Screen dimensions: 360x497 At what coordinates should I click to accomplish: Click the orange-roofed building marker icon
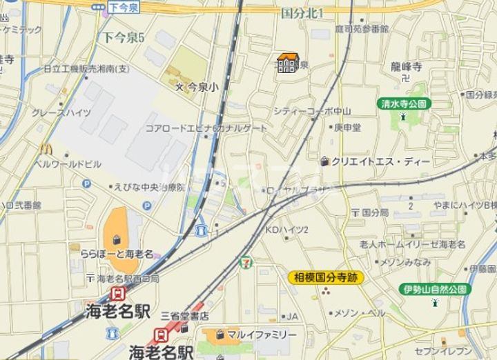pos(288,63)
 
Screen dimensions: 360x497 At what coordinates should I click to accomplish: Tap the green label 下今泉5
pos(124,37)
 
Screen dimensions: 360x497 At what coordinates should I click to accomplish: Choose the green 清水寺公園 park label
pos(404,103)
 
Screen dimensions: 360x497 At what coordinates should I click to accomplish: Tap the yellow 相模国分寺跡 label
pos(326,277)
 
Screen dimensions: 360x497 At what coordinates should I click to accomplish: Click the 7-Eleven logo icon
pos(244,262)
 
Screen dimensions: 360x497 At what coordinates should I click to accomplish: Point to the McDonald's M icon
pos(46,148)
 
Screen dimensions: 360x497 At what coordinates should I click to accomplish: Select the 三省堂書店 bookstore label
pos(185,315)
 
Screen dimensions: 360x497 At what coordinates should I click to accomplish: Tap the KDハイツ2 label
pos(287,229)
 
